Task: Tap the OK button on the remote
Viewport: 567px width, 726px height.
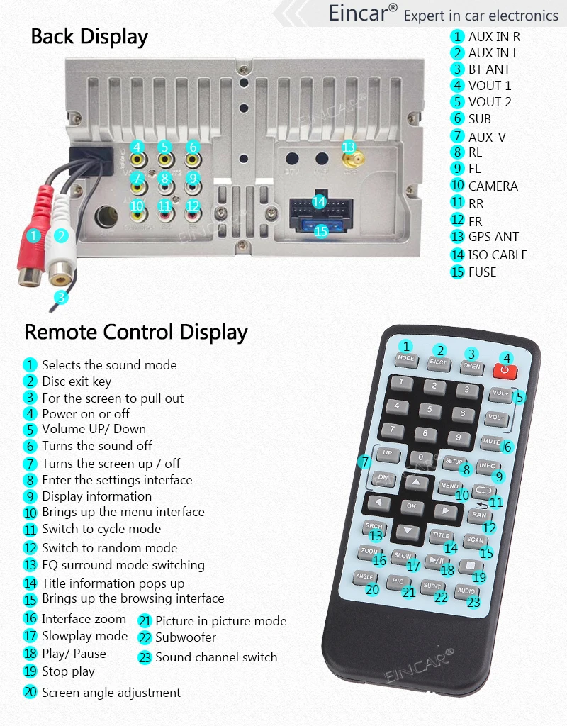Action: [412, 506]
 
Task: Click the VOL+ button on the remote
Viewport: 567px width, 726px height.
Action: [500, 393]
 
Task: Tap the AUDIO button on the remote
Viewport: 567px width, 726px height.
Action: [466, 591]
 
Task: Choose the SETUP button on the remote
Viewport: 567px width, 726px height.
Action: [454, 462]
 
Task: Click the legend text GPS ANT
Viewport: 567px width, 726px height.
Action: [493, 237]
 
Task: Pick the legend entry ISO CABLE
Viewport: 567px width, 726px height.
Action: [498, 255]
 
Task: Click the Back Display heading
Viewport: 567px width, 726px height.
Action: [89, 37]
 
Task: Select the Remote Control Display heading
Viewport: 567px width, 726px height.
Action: [136, 332]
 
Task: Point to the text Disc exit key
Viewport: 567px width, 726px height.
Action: [77, 381]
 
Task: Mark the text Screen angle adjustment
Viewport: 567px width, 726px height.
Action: [111, 693]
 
